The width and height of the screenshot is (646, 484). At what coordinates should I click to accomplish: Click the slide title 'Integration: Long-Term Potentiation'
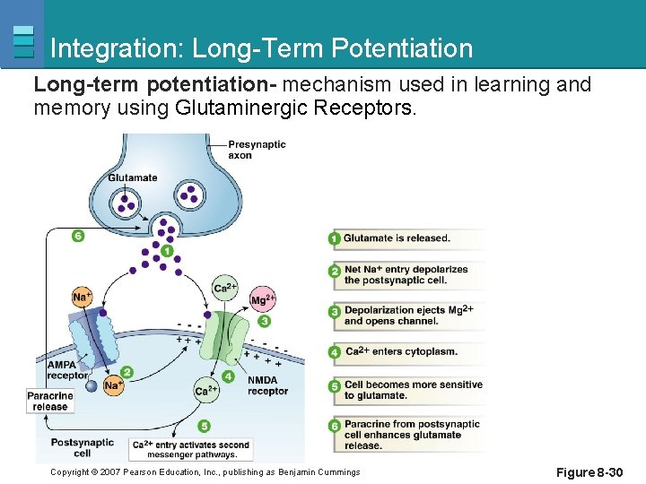click(x=261, y=48)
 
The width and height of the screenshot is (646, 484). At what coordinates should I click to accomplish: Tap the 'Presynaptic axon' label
click(x=257, y=150)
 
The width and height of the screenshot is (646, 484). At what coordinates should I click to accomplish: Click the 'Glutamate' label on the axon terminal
click(x=132, y=177)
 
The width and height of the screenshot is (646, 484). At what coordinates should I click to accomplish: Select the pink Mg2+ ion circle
click(x=262, y=299)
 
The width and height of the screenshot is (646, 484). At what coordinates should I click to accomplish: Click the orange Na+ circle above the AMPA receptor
click(x=82, y=297)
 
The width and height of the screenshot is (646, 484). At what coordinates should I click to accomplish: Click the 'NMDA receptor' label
click(x=267, y=385)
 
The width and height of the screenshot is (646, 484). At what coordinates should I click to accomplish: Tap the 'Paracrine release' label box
click(x=50, y=401)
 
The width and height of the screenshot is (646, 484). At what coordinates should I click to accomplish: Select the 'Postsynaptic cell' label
click(x=82, y=447)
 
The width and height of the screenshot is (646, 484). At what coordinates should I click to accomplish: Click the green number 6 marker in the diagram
click(x=78, y=236)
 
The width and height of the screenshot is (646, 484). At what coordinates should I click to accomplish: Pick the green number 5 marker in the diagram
click(x=205, y=426)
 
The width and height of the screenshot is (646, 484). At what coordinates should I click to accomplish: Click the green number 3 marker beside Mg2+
click(x=264, y=321)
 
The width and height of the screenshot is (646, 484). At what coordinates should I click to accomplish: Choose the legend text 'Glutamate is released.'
click(x=397, y=238)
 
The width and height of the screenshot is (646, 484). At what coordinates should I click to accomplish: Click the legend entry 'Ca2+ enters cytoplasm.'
click(x=401, y=351)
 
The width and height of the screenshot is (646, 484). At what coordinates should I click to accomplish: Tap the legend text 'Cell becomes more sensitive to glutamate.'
click(x=413, y=390)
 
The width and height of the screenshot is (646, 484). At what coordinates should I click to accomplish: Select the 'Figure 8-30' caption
click(x=589, y=472)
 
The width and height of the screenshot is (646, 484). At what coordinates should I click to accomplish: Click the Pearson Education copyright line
click(x=205, y=472)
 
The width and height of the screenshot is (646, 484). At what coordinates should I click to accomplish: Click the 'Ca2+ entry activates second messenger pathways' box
click(x=190, y=449)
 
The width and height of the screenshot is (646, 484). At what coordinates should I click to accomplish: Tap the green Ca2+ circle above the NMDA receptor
click(x=225, y=288)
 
